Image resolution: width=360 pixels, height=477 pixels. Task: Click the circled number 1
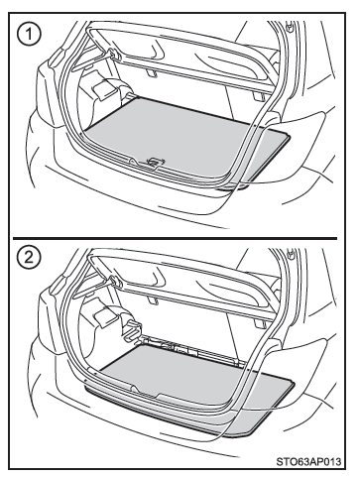click(30, 34)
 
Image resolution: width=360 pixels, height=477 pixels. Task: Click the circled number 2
click(30, 258)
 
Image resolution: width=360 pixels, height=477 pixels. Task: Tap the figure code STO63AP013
click(308, 461)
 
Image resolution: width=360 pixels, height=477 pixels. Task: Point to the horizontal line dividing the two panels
click(175, 238)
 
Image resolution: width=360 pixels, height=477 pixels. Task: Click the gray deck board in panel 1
click(185, 139)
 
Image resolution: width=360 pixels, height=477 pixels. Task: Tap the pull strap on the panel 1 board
click(153, 162)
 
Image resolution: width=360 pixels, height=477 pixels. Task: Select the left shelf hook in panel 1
click(151, 73)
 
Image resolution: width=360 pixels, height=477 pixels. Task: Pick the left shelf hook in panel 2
click(152, 300)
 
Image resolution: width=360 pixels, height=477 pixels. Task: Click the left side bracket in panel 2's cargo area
click(132, 329)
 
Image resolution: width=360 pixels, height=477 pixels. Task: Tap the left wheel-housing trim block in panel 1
click(105, 87)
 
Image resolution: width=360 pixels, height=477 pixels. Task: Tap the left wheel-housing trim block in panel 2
click(106, 314)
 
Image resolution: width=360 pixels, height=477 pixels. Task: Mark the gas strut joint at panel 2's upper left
click(114, 282)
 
